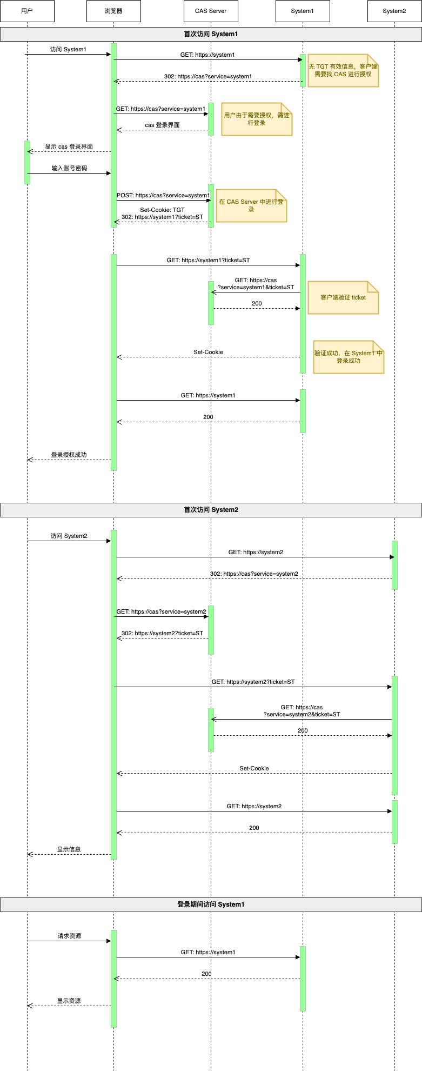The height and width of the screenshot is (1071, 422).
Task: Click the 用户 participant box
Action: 27,11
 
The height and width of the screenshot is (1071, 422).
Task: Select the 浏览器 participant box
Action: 113,11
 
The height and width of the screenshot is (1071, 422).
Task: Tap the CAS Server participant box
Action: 211,11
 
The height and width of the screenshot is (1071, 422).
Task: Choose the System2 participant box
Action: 394,11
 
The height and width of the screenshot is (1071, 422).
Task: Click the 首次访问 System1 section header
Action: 211,34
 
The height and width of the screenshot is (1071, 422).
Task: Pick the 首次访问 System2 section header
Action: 211,510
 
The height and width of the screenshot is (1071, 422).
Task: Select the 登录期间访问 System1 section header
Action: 211,904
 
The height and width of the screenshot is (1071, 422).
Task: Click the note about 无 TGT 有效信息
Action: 343,70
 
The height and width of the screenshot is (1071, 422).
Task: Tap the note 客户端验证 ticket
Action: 343,297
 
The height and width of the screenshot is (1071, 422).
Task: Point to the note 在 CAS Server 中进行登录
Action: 251,205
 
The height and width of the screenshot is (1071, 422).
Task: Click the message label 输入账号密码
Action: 69,168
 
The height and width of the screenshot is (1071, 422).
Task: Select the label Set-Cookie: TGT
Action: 162,210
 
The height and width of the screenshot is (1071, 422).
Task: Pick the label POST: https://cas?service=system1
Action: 163,195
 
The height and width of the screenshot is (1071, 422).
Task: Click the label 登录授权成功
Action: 69,455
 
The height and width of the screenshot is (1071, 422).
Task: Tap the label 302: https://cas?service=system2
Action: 254,574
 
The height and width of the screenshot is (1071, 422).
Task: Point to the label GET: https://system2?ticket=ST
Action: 253,682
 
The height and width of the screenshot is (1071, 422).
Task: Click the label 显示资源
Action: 69,1001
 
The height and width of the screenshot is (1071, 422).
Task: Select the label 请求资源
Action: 69,936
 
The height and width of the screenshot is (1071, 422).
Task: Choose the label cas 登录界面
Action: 162,125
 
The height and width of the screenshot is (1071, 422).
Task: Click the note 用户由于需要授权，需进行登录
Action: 257,119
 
